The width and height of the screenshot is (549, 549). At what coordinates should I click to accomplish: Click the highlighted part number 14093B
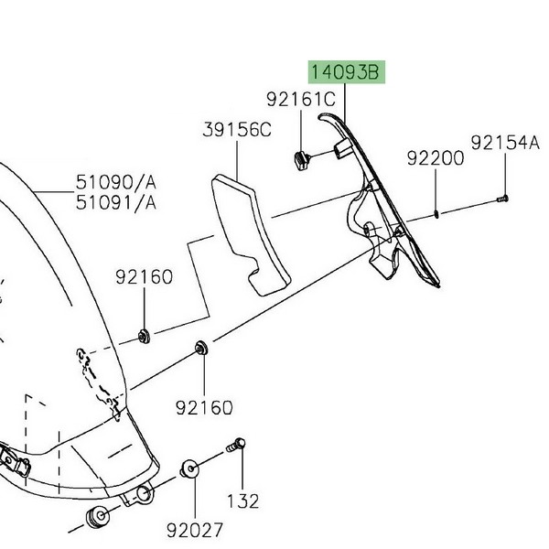[345, 72]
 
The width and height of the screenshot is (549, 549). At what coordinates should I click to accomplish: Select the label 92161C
[301, 99]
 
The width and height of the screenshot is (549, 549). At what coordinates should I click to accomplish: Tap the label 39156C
[237, 130]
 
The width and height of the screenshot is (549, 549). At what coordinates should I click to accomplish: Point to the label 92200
[436, 158]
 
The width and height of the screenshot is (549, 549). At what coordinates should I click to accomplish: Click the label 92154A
[505, 143]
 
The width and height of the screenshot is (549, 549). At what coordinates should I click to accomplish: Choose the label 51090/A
[116, 182]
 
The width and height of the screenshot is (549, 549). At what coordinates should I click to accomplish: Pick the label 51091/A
[116, 203]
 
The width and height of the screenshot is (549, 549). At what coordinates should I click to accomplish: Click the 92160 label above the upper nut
[145, 277]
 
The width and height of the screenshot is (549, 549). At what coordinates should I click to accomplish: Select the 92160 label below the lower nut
[204, 408]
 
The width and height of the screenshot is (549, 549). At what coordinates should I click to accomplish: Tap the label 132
[243, 501]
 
